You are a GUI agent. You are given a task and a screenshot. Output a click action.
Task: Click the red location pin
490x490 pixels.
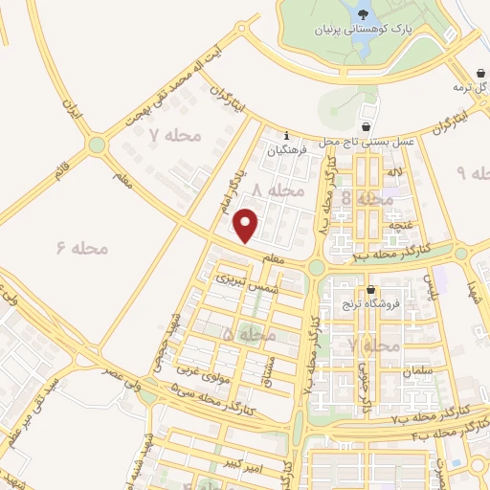coord(247,225)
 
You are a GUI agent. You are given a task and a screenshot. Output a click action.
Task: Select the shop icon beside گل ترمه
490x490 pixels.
coord(481,74)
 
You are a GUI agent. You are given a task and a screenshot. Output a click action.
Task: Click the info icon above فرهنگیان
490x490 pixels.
coord(285,135)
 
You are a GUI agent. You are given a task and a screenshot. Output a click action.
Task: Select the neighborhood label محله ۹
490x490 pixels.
coord(473,172)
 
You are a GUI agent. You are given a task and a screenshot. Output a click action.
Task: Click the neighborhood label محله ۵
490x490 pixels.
coord(248,334)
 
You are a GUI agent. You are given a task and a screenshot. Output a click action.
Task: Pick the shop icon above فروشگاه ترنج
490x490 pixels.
coord(370,290)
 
